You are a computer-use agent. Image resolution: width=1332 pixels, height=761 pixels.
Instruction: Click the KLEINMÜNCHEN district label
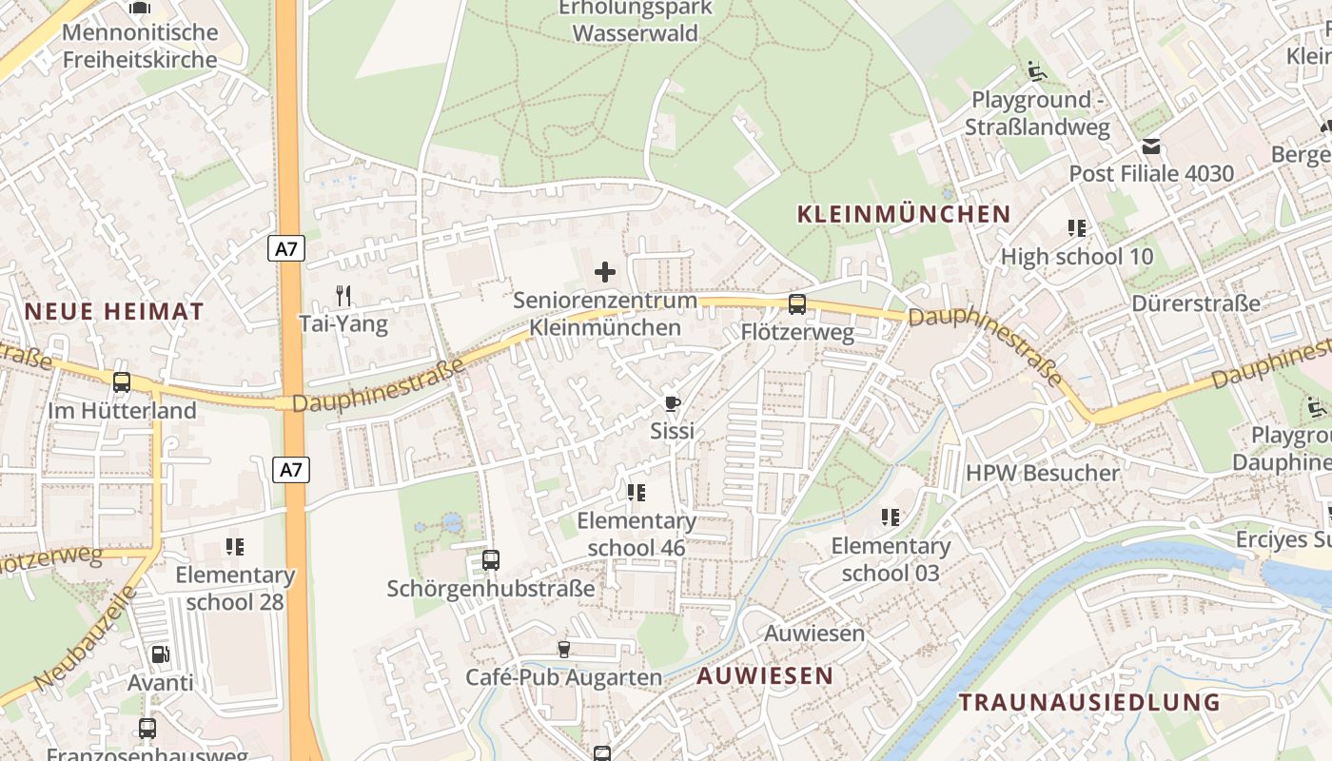(903, 214)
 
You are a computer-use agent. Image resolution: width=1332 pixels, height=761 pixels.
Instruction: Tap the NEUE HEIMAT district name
(114, 311)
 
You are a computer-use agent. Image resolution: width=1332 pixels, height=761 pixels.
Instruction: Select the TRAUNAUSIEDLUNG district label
(1089, 703)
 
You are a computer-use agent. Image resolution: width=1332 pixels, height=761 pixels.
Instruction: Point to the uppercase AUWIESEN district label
(765, 676)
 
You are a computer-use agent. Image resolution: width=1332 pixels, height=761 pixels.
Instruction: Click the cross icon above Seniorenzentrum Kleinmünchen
(604, 273)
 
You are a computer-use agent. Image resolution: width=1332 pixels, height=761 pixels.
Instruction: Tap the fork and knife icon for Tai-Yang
(343, 296)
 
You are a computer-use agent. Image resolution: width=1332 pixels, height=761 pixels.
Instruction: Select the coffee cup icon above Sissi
(673, 403)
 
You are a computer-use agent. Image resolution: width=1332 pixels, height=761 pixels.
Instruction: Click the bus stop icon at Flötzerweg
(797, 304)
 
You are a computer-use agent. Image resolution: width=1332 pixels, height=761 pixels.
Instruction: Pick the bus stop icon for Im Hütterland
(122, 382)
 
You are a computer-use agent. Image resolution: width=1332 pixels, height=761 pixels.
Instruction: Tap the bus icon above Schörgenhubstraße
(491, 560)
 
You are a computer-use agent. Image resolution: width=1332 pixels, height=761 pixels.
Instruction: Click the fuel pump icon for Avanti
(161, 654)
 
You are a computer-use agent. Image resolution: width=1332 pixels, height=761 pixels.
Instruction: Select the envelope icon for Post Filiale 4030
(1152, 146)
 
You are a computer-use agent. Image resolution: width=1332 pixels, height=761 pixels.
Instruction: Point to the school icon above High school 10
(1077, 228)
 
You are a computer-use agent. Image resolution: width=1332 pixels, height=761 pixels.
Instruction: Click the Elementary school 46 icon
(637, 493)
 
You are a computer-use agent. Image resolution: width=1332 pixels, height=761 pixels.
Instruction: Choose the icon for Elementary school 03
(891, 517)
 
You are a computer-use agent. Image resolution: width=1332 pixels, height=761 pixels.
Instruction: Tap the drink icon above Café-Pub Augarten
(564, 650)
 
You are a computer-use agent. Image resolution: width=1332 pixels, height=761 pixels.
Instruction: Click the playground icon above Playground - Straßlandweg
(1037, 71)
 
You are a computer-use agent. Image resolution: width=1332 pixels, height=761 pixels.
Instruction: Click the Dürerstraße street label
(1196, 303)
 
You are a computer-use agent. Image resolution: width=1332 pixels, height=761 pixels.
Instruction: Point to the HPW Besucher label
(1043, 473)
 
